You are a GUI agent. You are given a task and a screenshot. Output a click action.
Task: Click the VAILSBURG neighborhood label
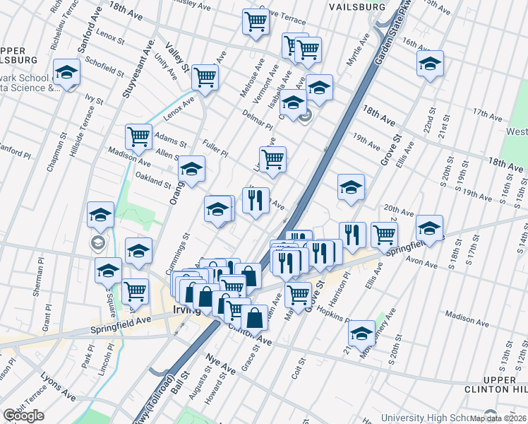pyautogui.click(x=357, y=6)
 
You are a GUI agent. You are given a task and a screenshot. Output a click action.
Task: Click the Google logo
pyautogui.click(x=23, y=416)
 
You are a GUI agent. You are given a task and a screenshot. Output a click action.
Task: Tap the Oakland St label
pyautogui.click(x=153, y=180)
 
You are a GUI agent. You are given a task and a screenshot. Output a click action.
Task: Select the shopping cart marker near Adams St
pyautogui.click(x=138, y=136)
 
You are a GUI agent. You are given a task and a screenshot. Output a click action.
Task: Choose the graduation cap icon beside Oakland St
pyautogui.click(x=191, y=168)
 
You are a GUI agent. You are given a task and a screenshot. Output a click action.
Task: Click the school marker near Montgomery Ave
pyautogui.click(x=362, y=332)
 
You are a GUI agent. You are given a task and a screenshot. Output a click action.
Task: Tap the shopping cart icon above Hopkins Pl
pyautogui.click(x=298, y=293)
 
